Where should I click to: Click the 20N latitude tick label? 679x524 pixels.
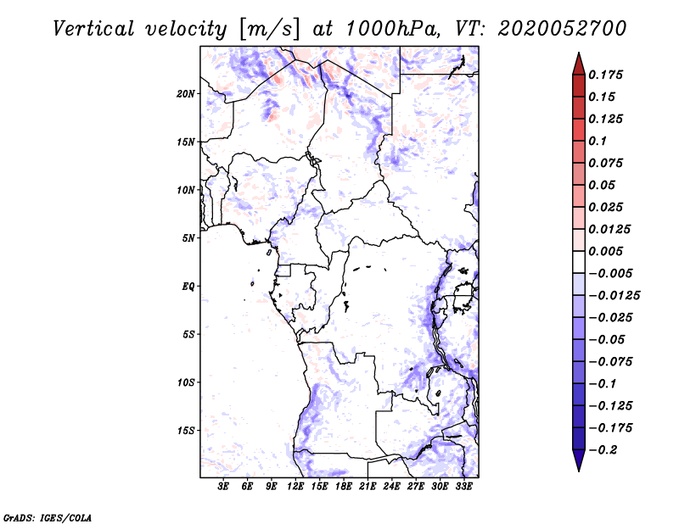point(186,94)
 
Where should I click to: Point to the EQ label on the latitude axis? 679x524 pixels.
point(188,287)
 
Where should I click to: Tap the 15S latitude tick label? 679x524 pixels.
point(186,431)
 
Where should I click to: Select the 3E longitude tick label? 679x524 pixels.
point(223,487)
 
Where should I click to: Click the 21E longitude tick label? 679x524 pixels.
point(368,487)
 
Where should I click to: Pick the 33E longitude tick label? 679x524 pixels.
point(463,487)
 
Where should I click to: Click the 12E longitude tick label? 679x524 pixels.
point(295,487)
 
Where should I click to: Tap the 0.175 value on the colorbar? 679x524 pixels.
point(605,75)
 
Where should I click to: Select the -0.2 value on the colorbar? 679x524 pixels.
point(603,450)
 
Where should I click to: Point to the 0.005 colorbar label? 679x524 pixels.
point(605,251)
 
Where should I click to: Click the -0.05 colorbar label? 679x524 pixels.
point(607,340)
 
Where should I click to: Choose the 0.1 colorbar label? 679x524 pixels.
point(598,141)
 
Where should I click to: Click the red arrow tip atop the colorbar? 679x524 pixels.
point(579,53)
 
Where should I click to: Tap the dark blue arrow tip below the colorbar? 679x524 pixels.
point(579,471)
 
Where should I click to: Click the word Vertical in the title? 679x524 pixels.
point(93,29)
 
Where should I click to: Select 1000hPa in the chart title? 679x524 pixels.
point(392,29)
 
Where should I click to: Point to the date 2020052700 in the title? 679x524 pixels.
point(562,29)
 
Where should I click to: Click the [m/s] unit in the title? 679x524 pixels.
point(268,29)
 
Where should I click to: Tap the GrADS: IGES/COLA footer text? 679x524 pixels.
point(48,517)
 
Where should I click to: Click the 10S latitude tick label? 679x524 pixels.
point(186,382)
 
